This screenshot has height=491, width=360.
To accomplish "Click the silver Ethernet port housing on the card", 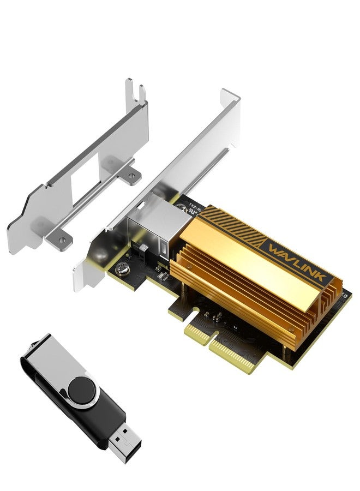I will coord(146,229).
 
